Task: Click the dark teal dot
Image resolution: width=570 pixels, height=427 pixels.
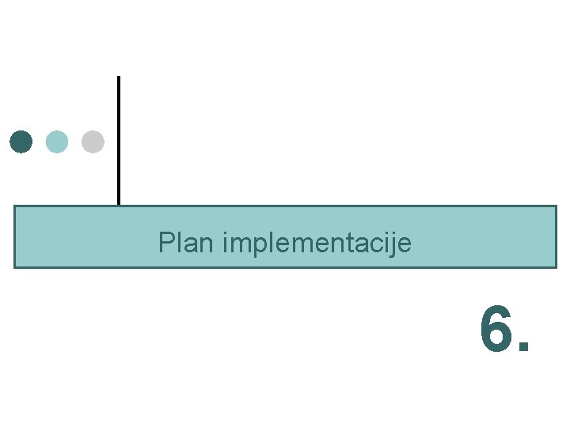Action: pyautogui.click(x=21, y=142)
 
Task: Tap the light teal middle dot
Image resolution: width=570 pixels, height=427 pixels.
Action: pyautogui.click(x=57, y=142)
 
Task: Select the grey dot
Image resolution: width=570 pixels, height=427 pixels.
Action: pyautogui.click(x=93, y=142)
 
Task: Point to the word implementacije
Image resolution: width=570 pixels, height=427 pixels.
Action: pyautogui.click(x=317, y=244)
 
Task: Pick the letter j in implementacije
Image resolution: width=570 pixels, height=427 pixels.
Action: pyautogui.click(x=393, y=244)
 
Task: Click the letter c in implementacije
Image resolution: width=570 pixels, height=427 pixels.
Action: pyautogui.click(x=378, y=244)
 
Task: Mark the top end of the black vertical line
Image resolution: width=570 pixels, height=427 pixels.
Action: pyautogui.click(x=119, y=77)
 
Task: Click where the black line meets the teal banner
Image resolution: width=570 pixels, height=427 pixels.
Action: pyautogui.click(x=119, y=206)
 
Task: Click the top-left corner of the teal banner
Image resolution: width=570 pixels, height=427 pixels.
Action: pyautogui.click(x=14, y=206)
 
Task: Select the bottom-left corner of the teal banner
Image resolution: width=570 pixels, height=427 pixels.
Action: pyautogui.click(x=14, y=267)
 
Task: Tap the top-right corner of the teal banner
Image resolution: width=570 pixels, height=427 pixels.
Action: pyautogui.click(x=557, y=206)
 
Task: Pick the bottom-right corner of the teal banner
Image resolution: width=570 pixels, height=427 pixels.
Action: pyautogui.click(x=557, y=267)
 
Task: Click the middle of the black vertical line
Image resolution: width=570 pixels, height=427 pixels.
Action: pyautogui.click(x=119, y=141)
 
